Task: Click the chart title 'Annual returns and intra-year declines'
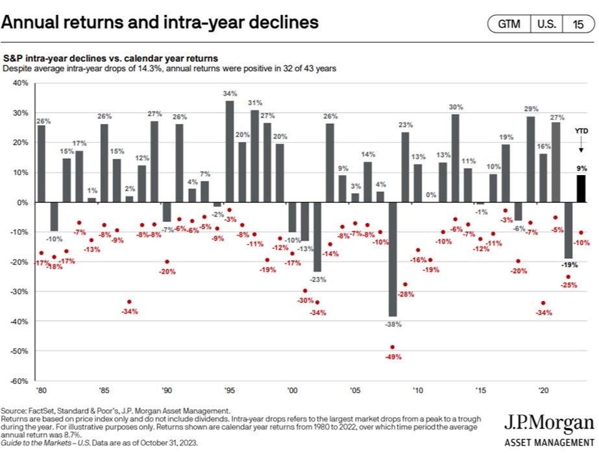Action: coord(160,23)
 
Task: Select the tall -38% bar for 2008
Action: coord(393,259)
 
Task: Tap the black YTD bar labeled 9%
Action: coord(581,189)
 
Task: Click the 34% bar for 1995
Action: coord(230,151)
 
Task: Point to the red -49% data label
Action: coord(393,357)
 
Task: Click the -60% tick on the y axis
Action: coord(19,381)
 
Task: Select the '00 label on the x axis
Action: coord(291,391)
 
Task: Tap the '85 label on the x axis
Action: coord(103,391)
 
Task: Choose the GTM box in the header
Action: coord(509,25)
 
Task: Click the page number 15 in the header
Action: coord(577,25)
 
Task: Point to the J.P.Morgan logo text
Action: coord(548,425)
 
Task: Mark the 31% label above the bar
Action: coord(255,102)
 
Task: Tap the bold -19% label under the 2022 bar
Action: coord(568,265)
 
